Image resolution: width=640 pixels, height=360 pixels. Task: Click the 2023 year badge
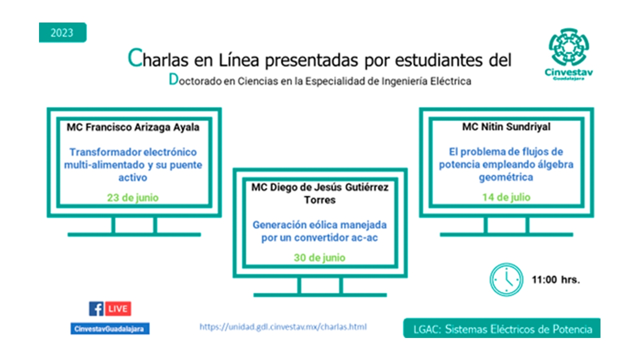tap(62, 32)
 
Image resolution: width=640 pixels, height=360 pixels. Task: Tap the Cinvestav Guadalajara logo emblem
tap(568, 47)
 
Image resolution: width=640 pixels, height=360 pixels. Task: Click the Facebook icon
tap(96, 308)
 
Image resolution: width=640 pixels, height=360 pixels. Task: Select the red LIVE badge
tap(118, 308)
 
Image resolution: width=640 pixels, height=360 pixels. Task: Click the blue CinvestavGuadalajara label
tap(110, 328)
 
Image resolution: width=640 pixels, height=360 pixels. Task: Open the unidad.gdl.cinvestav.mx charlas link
tap(283, 327)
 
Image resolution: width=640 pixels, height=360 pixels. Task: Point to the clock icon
tap(506, 279)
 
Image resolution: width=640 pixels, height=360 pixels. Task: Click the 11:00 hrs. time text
tap(555, 279)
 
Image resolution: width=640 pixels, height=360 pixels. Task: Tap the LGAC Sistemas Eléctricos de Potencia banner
tap(501, 328)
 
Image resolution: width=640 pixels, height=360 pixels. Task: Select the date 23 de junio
tap(133, 197)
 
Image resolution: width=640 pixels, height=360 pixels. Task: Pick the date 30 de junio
tap(319, 257)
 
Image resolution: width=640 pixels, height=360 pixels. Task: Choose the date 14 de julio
tap(506, 197)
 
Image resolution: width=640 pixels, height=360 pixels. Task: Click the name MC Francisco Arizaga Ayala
tap(133, 127)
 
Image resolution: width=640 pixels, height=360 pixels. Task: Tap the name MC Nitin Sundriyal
tap(506, 127)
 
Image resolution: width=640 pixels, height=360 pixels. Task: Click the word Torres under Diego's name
tap(319, 200)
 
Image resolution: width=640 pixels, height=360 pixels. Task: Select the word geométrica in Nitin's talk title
tap(506, 177)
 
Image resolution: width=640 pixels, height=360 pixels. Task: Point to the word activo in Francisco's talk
tap(133, 177)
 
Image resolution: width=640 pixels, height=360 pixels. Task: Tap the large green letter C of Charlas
tap(135, 58)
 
